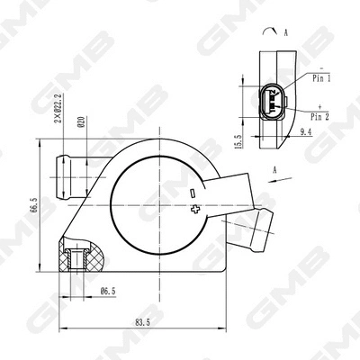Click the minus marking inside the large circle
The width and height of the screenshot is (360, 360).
[x=193, y=193]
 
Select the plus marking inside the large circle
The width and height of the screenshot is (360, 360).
[x=196, y=210]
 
